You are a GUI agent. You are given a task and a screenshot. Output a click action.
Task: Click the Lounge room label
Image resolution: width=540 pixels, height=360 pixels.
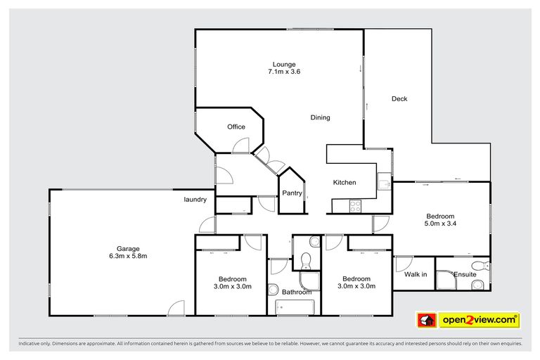[x=281, y=65]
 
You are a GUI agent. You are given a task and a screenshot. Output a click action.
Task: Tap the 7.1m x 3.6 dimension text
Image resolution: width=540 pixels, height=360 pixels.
[x=281, y=72]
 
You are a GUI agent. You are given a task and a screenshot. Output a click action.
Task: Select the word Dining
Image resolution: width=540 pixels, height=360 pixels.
[x=320, y=117]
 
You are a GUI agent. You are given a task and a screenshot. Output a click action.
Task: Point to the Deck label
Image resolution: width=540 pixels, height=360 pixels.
[x=399, y=99]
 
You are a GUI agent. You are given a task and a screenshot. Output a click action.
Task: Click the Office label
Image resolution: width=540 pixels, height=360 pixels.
[x=236, y=127]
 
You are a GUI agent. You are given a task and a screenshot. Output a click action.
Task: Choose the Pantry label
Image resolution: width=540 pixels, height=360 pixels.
[x=292, y=193]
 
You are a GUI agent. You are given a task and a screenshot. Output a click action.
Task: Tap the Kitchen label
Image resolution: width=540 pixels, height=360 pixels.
[x=345, y=183]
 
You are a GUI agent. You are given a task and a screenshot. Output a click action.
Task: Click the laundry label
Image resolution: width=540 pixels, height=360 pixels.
[x=195, y=200]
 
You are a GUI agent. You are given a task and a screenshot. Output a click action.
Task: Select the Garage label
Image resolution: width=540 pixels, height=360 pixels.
[x=128, y=248]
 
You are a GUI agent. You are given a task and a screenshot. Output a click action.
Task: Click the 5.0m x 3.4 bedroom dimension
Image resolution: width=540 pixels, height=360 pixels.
[x=440, y=224]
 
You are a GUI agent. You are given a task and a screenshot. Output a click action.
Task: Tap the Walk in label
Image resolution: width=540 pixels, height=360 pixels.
[x=415, y=274]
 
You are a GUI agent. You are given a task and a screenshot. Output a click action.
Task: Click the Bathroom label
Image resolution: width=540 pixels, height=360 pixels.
[x=296, y=292]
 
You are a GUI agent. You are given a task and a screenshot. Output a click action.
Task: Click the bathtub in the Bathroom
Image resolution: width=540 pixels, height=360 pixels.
[x=294, y=307]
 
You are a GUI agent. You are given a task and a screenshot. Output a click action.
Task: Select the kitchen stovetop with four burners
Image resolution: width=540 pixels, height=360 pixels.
[x=356, y=206]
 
